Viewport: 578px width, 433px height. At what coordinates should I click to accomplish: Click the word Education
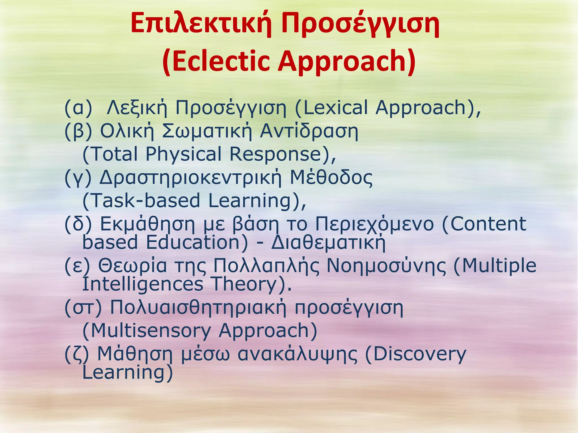coord(197,242)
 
